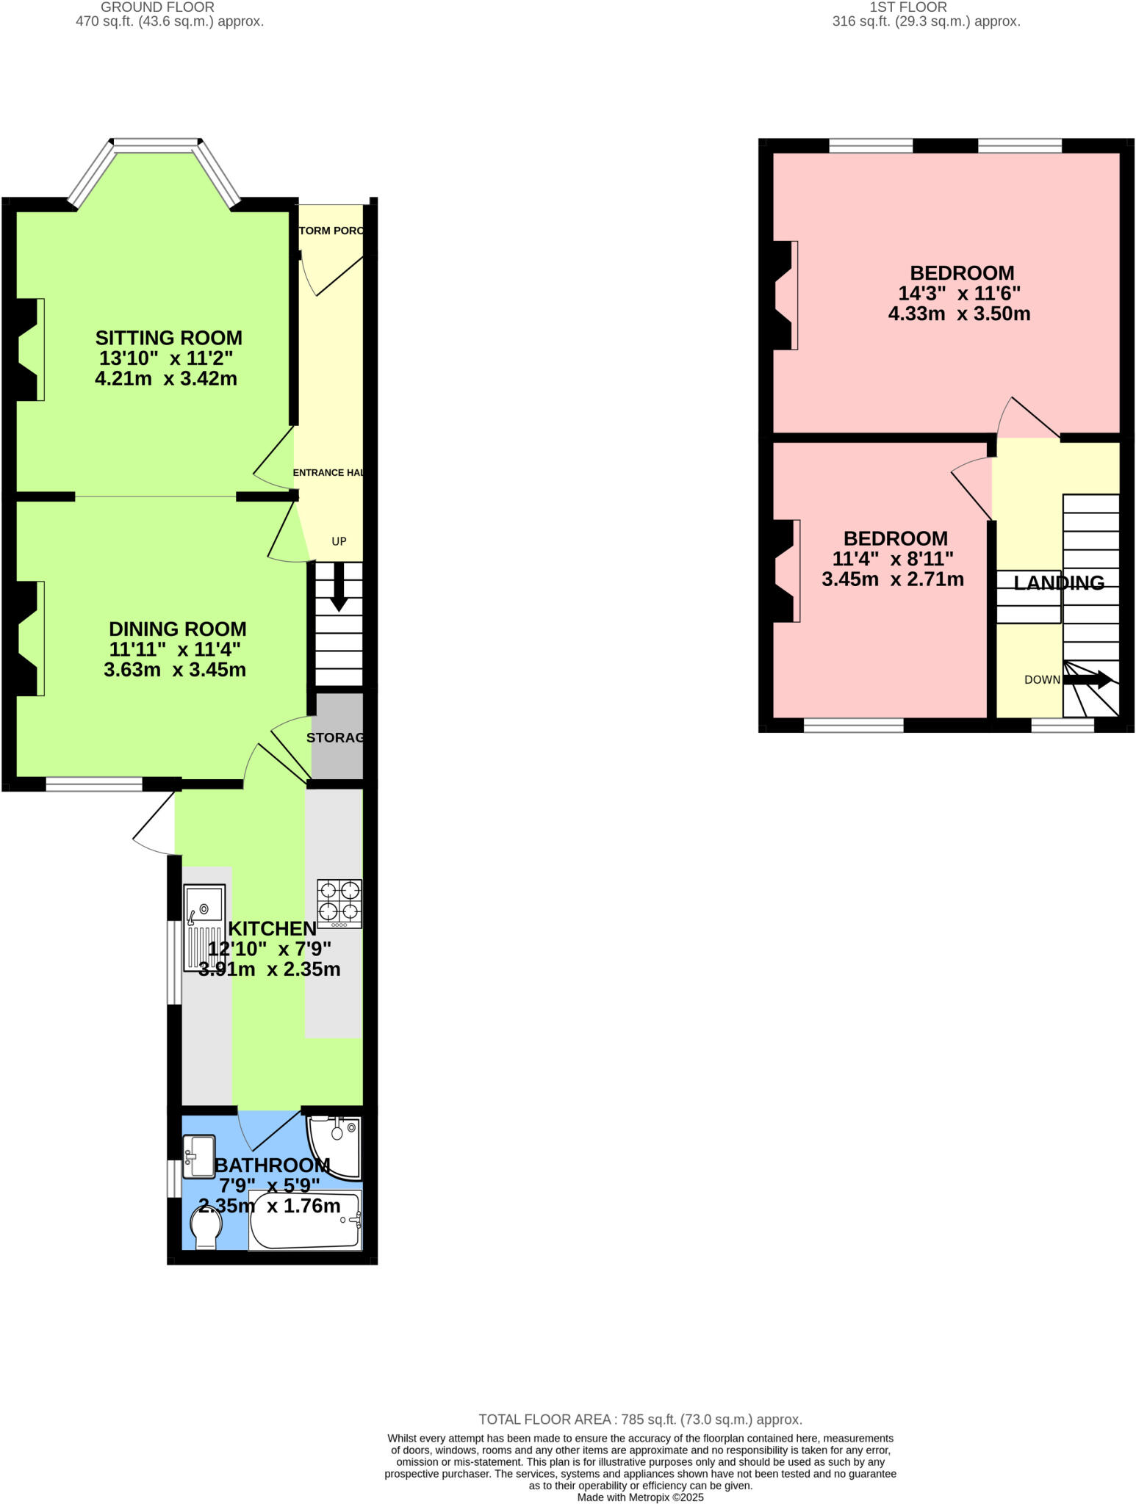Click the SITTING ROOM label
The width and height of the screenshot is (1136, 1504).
tap(168, 339)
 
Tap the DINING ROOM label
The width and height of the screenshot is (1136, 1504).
tap(177, 629)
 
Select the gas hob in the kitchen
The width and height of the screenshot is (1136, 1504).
tap(339, 903)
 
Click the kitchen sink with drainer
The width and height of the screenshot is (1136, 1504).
tap(204, 928)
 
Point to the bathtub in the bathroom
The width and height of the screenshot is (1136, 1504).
tap(305, 1220)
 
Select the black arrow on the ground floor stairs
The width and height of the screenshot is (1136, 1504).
tap(339, 588)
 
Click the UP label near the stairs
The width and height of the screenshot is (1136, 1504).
tap(339, 541)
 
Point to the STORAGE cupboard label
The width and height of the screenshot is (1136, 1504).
tap(335, 737)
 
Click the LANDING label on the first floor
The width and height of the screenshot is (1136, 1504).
tap(1059, 582)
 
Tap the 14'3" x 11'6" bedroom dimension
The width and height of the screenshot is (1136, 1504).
tap(960, 294)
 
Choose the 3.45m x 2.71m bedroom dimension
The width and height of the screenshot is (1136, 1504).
tap(893, 579)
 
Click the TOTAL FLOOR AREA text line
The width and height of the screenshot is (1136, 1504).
tap(640, 1420)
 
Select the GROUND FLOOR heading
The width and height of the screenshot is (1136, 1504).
tap(157, 7)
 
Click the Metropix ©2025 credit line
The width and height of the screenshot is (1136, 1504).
tap(640, 1497)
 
